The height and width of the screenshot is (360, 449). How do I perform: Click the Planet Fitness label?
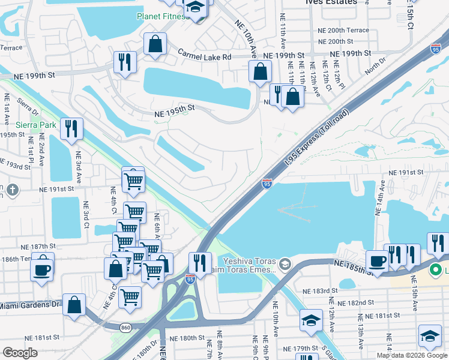click(163, 16)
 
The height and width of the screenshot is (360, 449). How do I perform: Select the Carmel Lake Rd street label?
click(204, 56)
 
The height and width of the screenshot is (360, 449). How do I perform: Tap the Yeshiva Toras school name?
click(249, 261)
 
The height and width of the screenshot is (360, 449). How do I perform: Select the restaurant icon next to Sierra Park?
click(71, 128)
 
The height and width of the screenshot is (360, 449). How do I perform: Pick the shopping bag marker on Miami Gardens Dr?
click(74, 304)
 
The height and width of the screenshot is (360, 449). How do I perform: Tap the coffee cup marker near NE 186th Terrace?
click(42, 268)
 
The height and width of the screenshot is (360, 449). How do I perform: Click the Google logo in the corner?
click(20, 353)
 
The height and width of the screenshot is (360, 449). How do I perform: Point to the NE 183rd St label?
click(322, 291)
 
